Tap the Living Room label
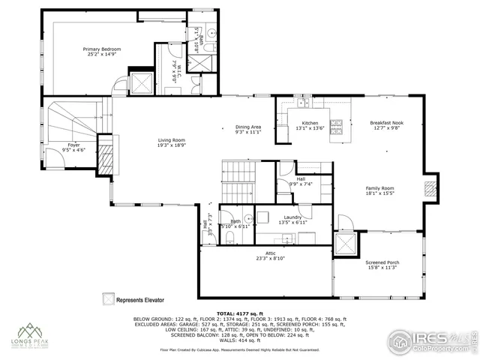pyautogui.click(x=171, y=142)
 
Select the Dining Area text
pyautogui.click(x=248, y=129)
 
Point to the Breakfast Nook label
pyautogui.click(x=387, y=125)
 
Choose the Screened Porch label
pyautogui.click(x=382, y=265)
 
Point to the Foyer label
pyautogui.click(x=73, y=148)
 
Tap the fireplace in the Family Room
pyautogui.click(x=430, y=190)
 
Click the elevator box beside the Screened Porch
pyautogui.click(x=346, y=245)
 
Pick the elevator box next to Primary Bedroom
pyautogui.click(x=141, y=82)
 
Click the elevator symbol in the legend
pyautogui.click(x=108, y=298)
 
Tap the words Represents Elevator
pyautogui.click(x=143, y=298)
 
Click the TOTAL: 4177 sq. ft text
pyautogui.click(x=240, y=313)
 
